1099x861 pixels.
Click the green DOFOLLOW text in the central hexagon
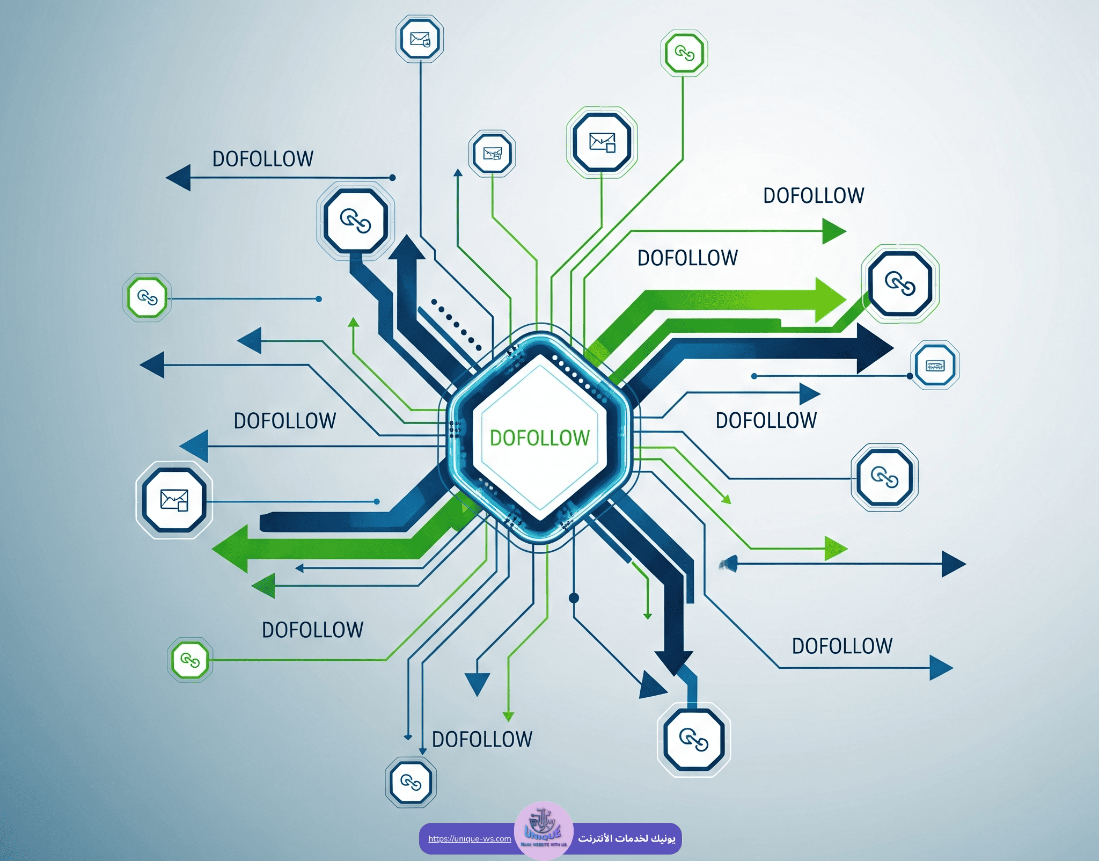coord(539,438)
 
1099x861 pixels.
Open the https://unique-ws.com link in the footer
coord(470,838)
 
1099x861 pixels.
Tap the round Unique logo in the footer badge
coord(543,830)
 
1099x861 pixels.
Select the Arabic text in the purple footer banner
coord(626,838)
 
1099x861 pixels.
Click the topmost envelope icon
coord(420,39)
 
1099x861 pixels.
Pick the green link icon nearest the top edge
coord(684,53)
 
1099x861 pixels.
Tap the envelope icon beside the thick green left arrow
coord(174,500)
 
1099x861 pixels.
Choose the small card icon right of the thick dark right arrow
coord(935,366)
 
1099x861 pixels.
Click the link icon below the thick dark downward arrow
coord(693,739)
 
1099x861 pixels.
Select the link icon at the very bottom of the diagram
coord(411,782)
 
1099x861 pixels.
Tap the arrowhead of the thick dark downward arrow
coord(674,662)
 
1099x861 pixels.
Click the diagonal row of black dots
coord(456,322)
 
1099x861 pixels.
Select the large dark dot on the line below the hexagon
coord(574,597)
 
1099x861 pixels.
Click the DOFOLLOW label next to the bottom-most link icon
coord(482,739)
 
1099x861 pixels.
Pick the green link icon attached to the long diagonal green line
coord(190,660)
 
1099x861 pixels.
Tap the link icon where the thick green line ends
coord(900,283)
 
